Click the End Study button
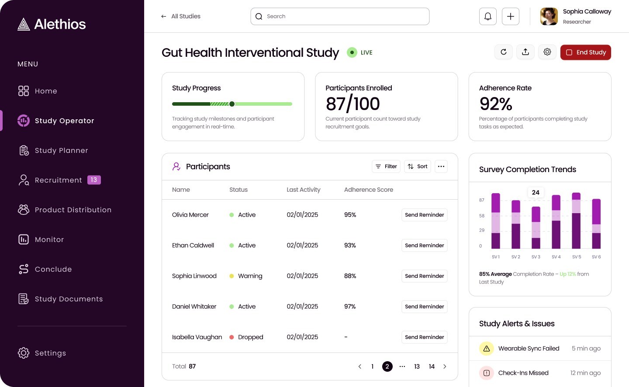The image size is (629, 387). [585, 52]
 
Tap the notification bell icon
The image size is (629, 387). [488, 17]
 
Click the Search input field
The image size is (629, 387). [340, 17]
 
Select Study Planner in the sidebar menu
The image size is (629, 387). [61, 151]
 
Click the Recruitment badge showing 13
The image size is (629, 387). [94, 180]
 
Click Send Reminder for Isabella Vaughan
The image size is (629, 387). [424, 337]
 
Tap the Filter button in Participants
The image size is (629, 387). [386, 166]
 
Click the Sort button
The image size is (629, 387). [418, 166]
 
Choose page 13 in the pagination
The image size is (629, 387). [417, 366]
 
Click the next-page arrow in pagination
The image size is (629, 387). [445, 366]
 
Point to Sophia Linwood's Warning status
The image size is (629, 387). [250, 276]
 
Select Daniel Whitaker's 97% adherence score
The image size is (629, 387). [350, 307]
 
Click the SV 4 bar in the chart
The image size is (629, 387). [556, 222]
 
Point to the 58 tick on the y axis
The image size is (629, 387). [482, 216]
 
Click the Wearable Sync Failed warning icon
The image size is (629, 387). [486, 349]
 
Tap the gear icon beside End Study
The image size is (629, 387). [547, 52]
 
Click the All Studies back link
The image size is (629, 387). [181, 17]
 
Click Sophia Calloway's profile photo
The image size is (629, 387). [549, 17]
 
